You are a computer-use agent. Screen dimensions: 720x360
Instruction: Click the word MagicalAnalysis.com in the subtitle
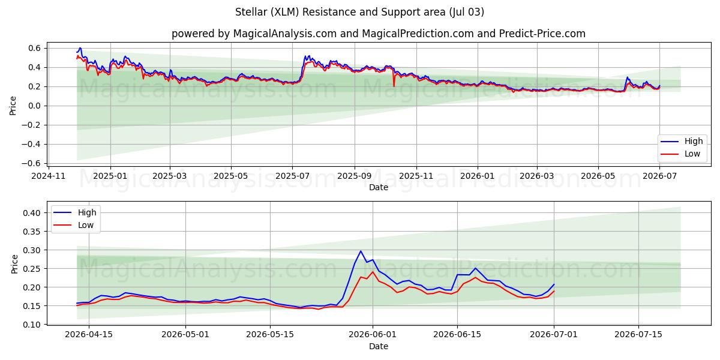pyautogui.click(x=285, y=34)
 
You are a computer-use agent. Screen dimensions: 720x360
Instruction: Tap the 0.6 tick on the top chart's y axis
pyautogui.click(x=34, y=48)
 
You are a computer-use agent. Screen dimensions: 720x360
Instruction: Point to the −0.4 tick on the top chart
pyautogui.click(x=31, y=144)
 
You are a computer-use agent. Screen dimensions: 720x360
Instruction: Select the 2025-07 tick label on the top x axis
pyautogui.click(x=293, y=176)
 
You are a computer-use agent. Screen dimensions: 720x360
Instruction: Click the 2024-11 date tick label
pyautogui.click(x=49, y=176)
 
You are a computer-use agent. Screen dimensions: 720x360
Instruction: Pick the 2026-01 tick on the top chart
pyautogui.click(x=478, y=176)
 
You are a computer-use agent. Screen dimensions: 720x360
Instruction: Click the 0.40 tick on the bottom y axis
pyautogui.click(x=32, y=213)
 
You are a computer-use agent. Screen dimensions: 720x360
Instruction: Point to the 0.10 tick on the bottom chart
pyautogui.click(x=32, y=325)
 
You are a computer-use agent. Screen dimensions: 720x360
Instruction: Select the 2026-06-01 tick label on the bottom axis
pyautogui.click(x=373, y=335)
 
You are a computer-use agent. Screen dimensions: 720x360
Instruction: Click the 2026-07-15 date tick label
pyautogui.click(x=638, y=335)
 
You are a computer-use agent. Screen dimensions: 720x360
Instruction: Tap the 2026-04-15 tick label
pyautogui.click(x=89, y=335)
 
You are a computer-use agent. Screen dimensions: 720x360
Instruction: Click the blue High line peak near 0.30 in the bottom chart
pyautogui.click(x=361, y=251)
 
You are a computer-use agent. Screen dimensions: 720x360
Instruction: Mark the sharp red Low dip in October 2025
pyautogui.click(x=394, y=86)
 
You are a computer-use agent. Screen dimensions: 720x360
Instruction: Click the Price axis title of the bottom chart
pyautogui.click(x=14, y=264)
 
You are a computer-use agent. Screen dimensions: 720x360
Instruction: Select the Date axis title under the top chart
pyautogui.click(x=379, y=187)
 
